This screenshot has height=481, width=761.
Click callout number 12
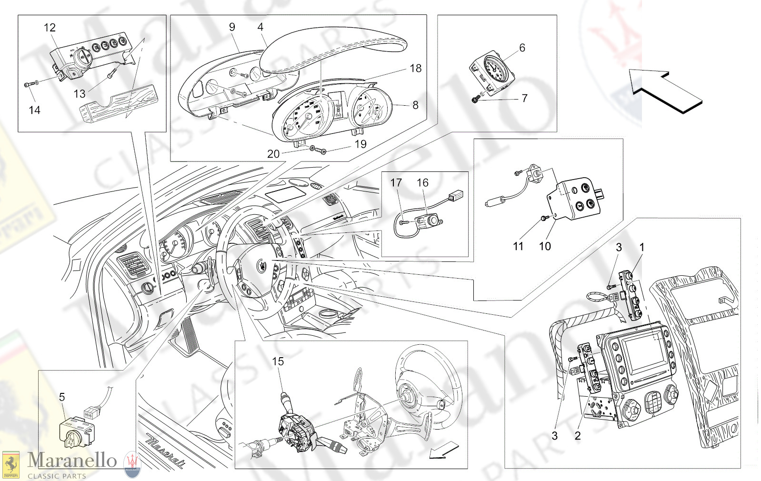50,28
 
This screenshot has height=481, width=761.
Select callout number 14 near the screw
34,110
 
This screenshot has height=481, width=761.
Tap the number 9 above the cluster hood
232,27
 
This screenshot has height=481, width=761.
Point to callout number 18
415,69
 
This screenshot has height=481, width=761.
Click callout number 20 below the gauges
273,154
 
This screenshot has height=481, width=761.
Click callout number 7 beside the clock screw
524,99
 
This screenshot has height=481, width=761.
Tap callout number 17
396,183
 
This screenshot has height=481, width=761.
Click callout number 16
422,183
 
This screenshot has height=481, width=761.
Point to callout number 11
518,246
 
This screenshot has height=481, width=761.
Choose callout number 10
545,246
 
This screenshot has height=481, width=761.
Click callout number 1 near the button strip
641,248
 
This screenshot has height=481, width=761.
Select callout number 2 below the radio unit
578,436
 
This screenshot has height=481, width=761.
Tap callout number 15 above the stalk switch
278,362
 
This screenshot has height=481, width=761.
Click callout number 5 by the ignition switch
61,397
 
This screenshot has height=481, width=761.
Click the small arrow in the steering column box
443,451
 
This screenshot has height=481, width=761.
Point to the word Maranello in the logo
72,460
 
